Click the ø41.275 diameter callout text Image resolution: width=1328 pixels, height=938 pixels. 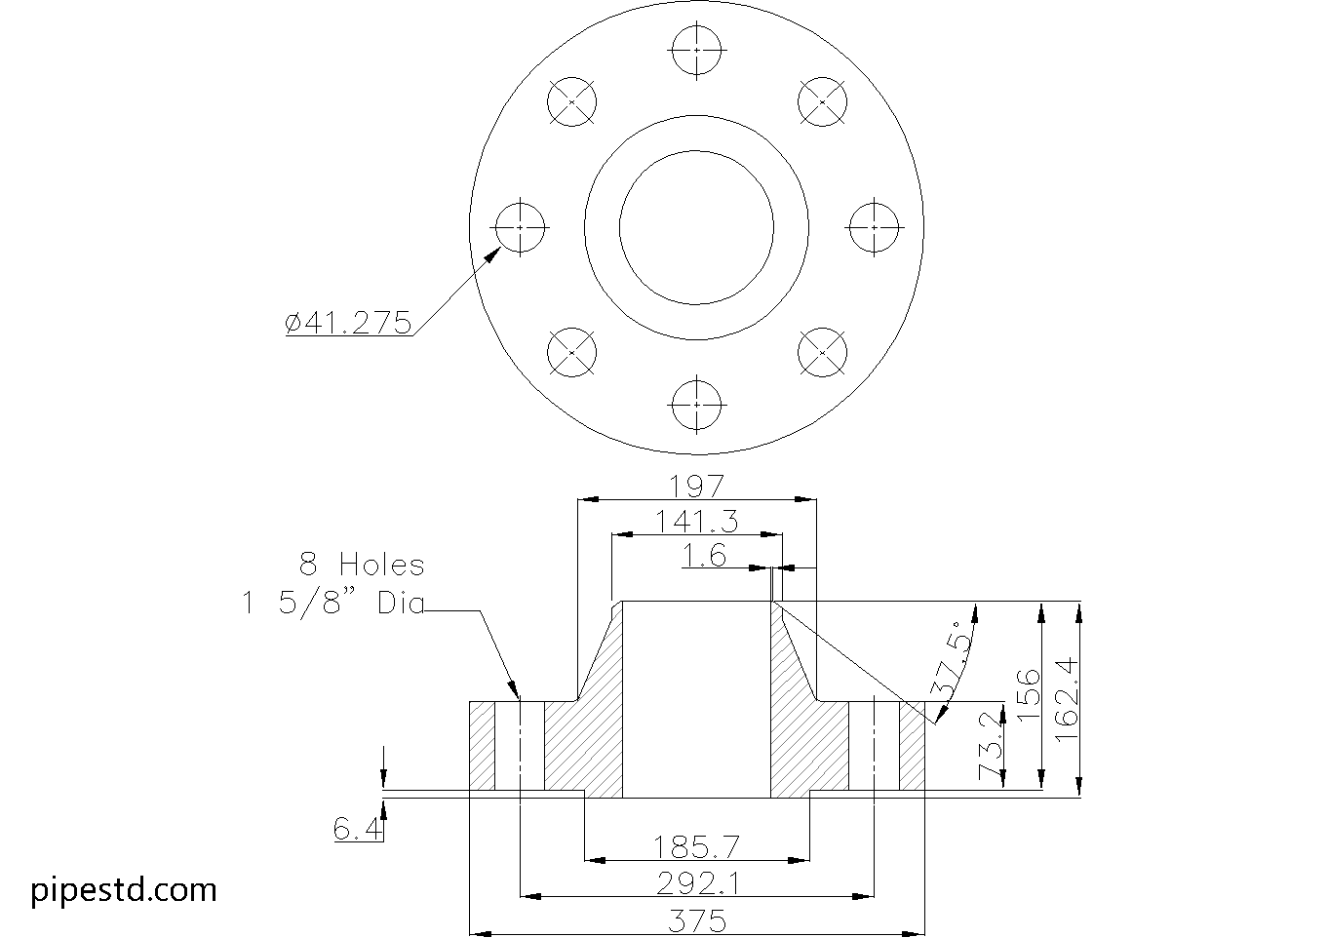pos(348,323)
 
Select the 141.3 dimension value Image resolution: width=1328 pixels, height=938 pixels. pos(696,522)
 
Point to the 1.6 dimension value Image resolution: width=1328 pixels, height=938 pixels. pos(704,556)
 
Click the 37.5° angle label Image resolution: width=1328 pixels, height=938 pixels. pos(954,661)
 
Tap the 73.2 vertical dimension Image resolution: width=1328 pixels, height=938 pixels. pos(991,747)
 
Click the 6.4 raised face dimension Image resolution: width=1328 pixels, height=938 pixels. pos(356,830)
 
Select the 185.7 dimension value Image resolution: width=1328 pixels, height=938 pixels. pos(696,845)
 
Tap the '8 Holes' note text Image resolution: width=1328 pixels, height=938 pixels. pos(362,565)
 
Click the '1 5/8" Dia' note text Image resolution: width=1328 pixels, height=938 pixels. pos(333,604)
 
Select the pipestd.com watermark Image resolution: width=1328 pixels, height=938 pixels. pos(124,889)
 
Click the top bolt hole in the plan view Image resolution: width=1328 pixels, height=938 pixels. pos(697,49)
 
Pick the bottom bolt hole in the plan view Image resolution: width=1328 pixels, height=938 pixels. pos(697,404)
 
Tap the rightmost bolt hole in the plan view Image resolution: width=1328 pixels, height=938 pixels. pos(874,226)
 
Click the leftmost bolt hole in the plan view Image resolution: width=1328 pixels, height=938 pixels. pos(521,226)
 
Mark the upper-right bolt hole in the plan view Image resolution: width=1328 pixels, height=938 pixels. pos(823,101)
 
